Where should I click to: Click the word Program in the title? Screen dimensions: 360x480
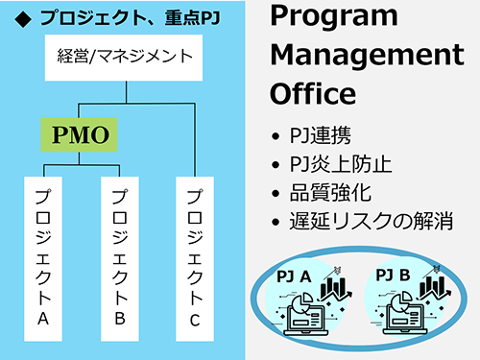click(333, 16)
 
